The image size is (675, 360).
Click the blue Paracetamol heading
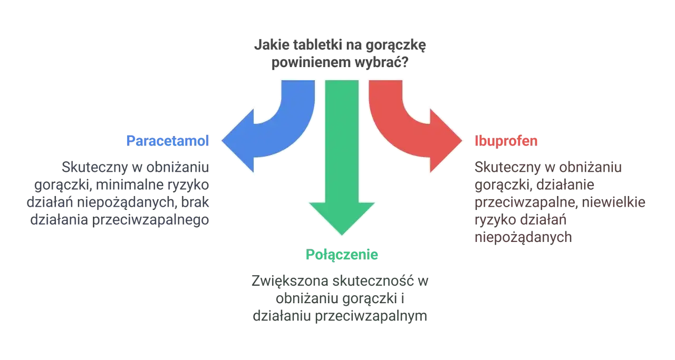[168, 141]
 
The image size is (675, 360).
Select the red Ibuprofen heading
[506, 141]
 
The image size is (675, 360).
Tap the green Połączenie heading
[342, 255]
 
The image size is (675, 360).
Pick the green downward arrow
[342, 158]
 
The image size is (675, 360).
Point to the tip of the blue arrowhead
[221, 141]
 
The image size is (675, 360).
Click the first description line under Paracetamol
[135, 167]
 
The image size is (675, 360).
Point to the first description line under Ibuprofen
[548, 167]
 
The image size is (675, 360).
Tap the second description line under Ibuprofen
[534, 185]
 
